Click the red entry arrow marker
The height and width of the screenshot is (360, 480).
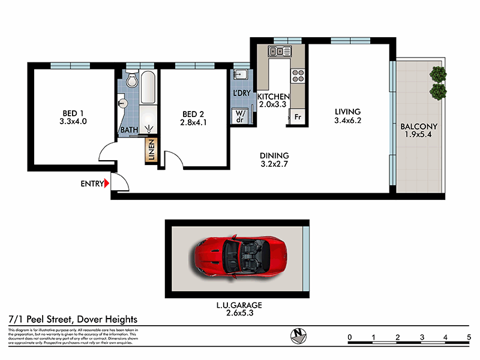coord(107,184)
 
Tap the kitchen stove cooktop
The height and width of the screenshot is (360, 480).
coord(298,76)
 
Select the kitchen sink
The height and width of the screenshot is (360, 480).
coord(280,52)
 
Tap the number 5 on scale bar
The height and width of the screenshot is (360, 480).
coord(468,337)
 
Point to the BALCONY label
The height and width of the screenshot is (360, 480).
coord(419,127)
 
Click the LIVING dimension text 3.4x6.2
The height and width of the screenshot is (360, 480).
coord(348,120)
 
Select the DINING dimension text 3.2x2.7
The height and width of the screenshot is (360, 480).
coord(275,163)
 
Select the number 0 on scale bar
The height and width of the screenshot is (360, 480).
coord(350,337)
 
